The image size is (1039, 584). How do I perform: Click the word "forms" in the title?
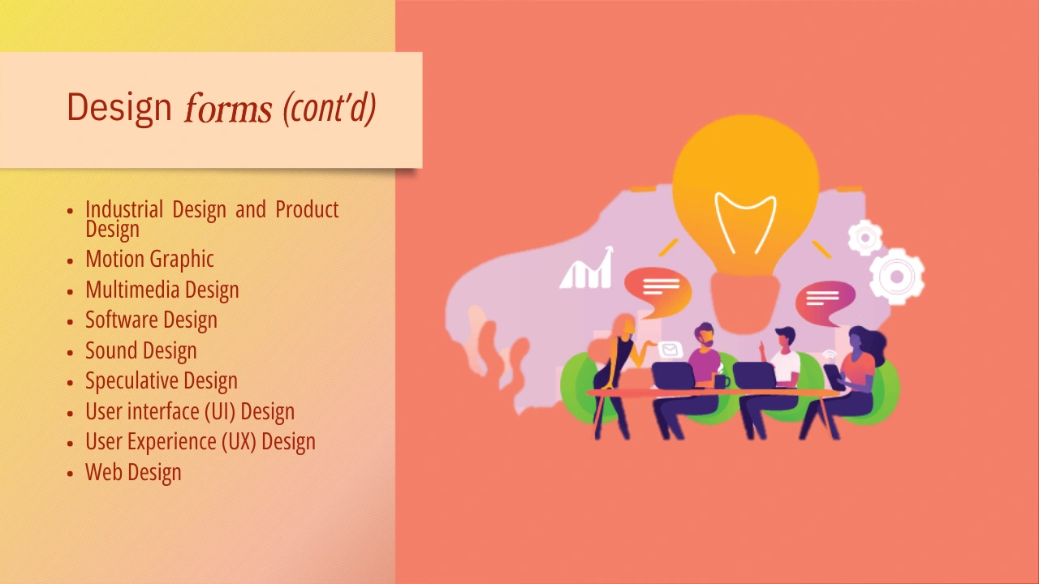[x=228, y=108]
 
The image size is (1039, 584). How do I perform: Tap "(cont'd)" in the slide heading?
[x=329, y=109]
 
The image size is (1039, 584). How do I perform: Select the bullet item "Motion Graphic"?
[x=149, y=259]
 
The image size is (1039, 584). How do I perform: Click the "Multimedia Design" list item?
[x=162, y=290]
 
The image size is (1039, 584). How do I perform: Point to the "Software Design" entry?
[x=151, y=320]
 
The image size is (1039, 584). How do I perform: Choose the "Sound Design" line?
[x=141, y=350]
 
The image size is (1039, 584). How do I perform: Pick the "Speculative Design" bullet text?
[x=162, y=381]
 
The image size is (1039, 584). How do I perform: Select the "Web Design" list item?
[x=133, y=472]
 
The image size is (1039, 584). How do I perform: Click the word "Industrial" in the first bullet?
[x=124, y=209]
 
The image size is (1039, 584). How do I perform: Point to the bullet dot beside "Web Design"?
[x=70, y=473]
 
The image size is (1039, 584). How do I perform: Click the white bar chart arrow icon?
[x=587, y=268]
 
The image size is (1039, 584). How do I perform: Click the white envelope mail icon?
[x=670, y=350]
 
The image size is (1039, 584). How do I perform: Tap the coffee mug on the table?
[x=722, y=381]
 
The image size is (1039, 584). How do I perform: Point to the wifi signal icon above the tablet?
[x=830, y=356]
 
